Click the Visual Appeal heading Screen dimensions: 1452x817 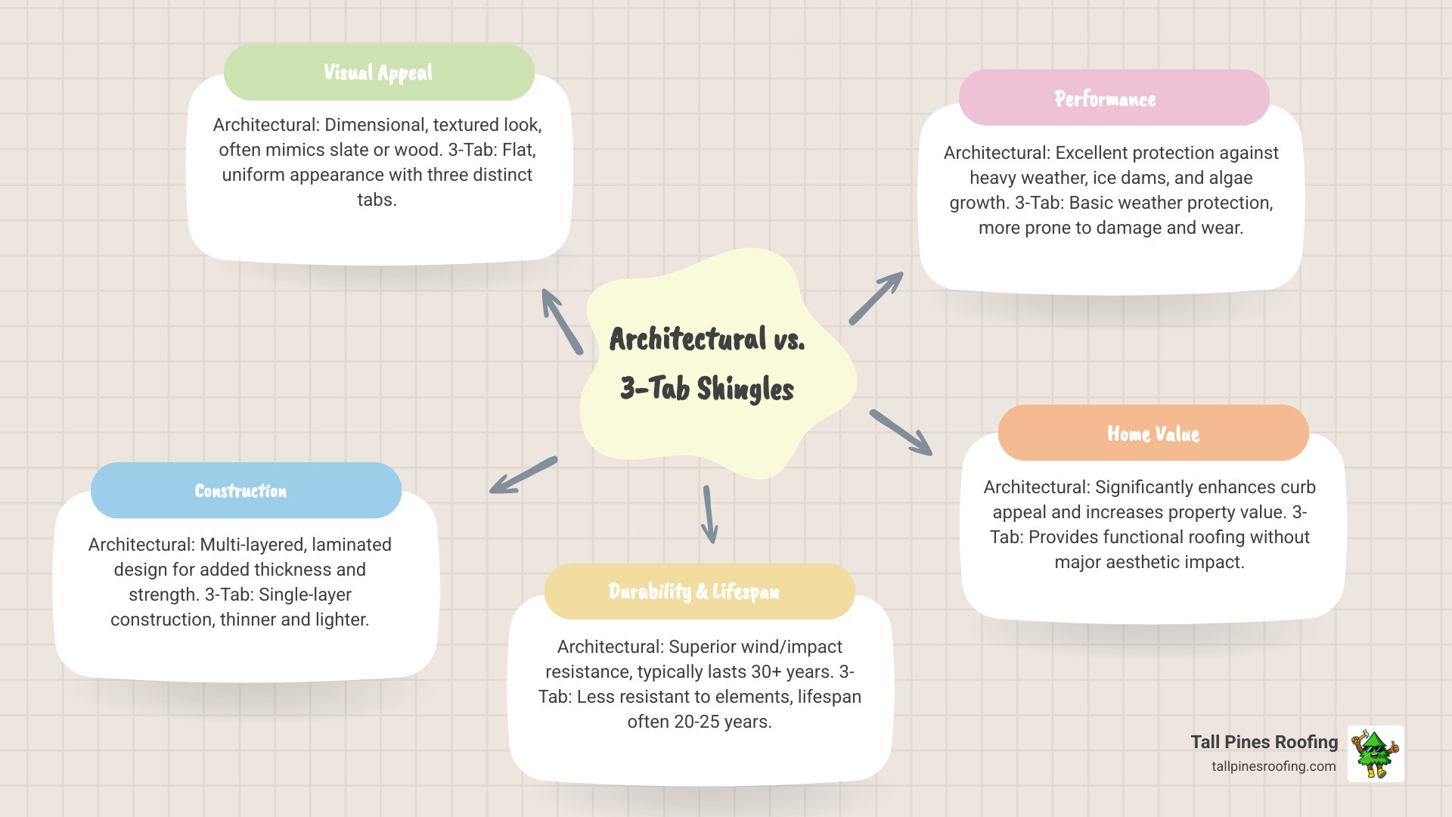[378, 73]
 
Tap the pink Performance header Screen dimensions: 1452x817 [1105, 98]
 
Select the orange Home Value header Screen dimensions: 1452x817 [1153, 433]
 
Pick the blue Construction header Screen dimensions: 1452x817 [241, 491]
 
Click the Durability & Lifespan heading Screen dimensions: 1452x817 [694, 591]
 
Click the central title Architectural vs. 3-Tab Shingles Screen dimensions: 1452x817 [707, 364]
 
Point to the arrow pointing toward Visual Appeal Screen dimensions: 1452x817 [562, 322]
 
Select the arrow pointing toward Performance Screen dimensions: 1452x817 [876, 298]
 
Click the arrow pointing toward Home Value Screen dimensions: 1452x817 [901, 433]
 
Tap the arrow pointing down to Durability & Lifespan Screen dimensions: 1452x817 [709, 514]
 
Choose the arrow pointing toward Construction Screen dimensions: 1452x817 [523, 475]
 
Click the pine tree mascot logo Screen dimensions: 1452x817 [1376, 753]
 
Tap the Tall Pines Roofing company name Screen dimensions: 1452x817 [1264, 742]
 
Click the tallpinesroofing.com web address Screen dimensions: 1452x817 [1274, 766]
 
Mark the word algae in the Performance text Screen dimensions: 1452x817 [1230, 178]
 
